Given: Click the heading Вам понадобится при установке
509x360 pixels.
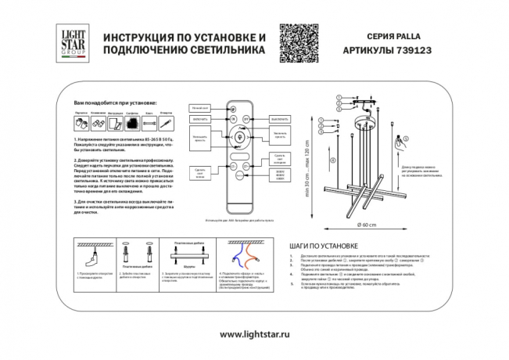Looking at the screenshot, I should pyautogui.click(x=114, y=103).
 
